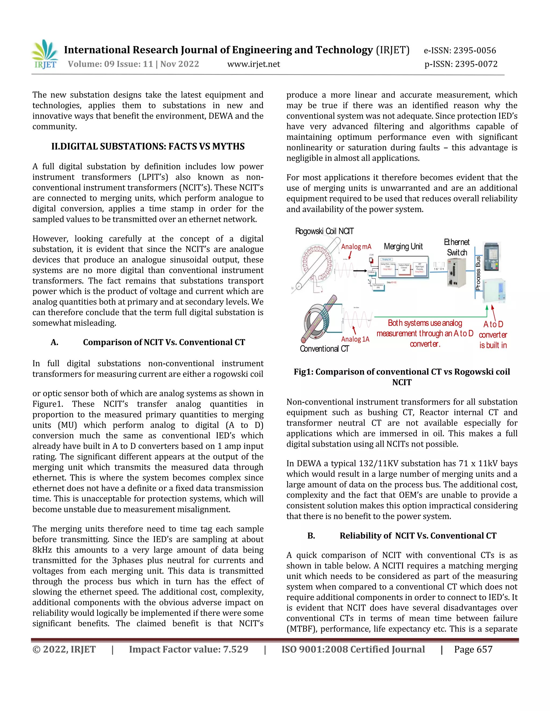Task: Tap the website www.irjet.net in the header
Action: pos(254,64)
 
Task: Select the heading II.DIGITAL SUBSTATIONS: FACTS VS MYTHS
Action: pos(148,146)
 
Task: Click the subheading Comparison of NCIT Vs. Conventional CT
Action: pos(164,342)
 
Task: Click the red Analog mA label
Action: pos(356,247)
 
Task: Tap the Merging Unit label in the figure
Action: pos(403,247)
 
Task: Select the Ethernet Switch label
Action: pos(457,247)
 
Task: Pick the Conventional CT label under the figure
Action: pos(324,349)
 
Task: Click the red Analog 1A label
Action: pos(355,339)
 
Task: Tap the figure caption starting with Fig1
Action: pos(402,377)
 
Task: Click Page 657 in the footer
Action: pos(473,650)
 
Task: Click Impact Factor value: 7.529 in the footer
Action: pos(188,650)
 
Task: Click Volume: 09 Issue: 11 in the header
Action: pos(110,64)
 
